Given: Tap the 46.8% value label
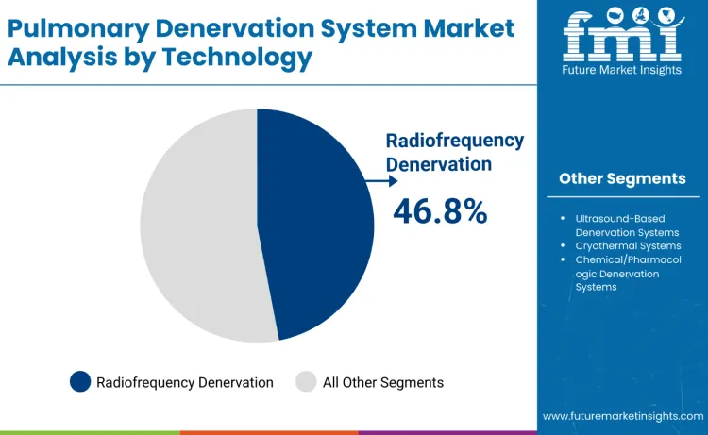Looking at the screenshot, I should pyautogui.click(x=440, y=210).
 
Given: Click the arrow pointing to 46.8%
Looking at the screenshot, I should pyautogui.click(x=378, y=180).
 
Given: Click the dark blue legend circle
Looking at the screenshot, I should pyautogui.click(x=81, y=382).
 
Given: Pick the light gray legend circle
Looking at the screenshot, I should pyautogui.click(x=306, y=382).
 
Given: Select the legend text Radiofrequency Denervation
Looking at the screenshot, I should pyautogui.click(x=185, y=382).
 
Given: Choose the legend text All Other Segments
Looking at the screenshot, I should pyautogui.click(x=382, y=382).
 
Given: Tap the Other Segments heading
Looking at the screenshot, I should pyautogui.click(x=622, y=177).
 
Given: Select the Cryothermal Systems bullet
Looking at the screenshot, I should pyautogui.click(x=621, y=245).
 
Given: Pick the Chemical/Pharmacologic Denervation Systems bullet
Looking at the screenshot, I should pyautogui.click(x=626, y=273).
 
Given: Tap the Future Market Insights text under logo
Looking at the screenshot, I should pyautogui.click(x=622, y=71).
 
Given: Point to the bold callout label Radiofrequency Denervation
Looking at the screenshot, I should pyautogui.click(x=454, y=151).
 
